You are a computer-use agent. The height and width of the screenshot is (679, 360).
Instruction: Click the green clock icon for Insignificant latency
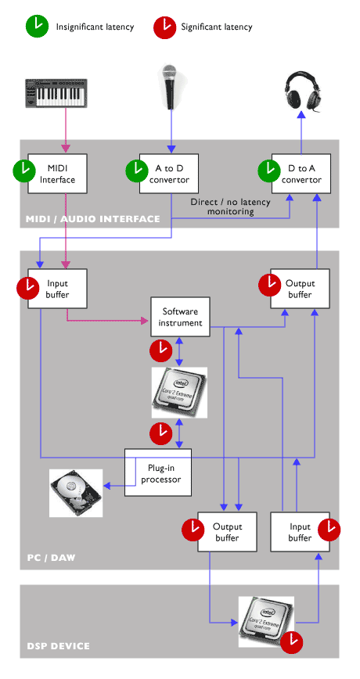click(37, 27)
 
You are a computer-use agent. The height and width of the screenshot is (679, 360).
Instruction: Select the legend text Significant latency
click(217, 27)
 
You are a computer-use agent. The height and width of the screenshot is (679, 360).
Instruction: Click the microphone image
click(169, 86)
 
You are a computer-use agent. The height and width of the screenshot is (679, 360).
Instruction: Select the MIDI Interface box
click(57, 174)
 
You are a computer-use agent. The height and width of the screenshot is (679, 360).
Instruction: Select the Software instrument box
click(181, 318)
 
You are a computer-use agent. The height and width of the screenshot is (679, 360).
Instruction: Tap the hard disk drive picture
click(75, 493)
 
